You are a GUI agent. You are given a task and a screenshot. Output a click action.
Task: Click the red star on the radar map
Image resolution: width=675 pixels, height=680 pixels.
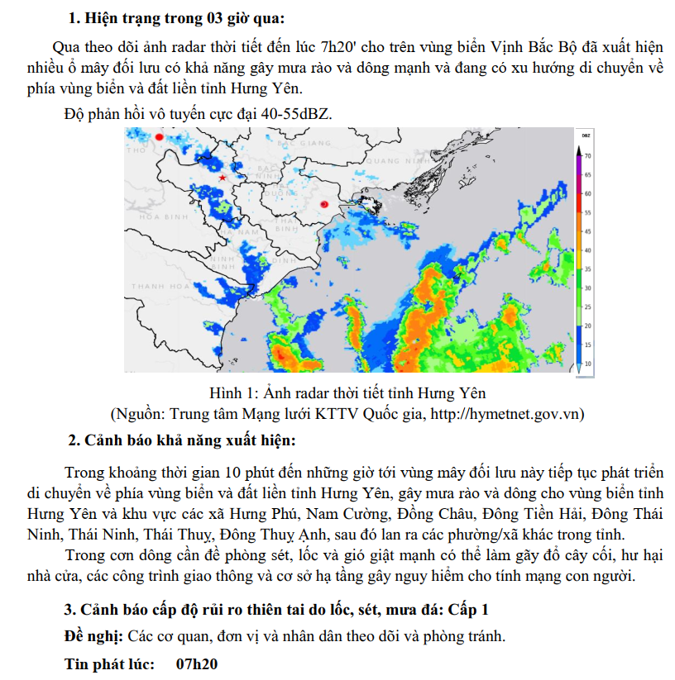point(223,178)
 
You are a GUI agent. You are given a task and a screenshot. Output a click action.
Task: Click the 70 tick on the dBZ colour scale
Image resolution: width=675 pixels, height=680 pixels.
point(587,155)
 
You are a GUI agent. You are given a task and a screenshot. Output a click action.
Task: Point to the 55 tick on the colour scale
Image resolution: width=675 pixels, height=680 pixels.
point(587,212)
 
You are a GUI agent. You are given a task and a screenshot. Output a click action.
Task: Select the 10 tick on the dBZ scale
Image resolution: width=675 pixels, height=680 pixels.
point(587,364)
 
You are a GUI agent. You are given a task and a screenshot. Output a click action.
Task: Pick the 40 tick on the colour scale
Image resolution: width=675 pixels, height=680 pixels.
point(587,250)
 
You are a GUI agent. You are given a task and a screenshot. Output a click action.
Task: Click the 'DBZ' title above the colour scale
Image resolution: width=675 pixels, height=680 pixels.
point(585,134)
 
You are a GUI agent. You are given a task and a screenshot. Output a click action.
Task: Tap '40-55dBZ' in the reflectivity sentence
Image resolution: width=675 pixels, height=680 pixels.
point(296,113)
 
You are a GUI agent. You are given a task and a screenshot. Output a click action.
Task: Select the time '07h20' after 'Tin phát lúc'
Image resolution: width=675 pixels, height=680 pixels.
point(197,663)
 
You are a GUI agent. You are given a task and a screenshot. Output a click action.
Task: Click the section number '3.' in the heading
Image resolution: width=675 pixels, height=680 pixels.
point(71,611)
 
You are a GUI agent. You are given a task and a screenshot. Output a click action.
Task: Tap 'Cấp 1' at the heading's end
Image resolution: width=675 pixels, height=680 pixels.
point(468,611)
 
